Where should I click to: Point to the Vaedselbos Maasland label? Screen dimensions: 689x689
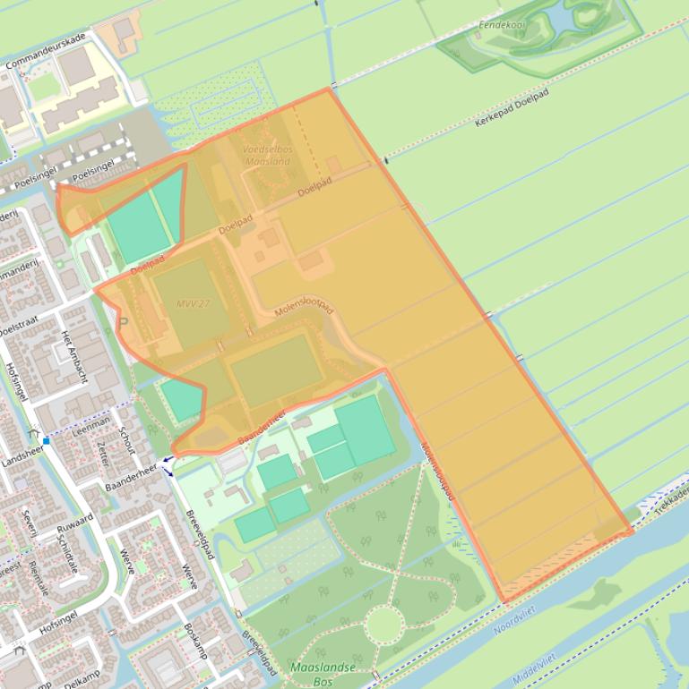pyautogui.click(x=267, y=156)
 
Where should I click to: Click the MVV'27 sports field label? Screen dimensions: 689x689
pyautogui.click(x=192, y=302)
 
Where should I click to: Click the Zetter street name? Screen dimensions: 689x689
pyautogui.click(x=101, y=455)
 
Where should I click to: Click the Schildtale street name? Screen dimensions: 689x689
pyautogui.click(x=68, y=554)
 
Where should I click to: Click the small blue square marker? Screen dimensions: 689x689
pyautogui.click(x=46, y=440)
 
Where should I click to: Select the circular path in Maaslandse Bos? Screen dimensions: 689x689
pyautogui.click(x=385, y=625)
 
